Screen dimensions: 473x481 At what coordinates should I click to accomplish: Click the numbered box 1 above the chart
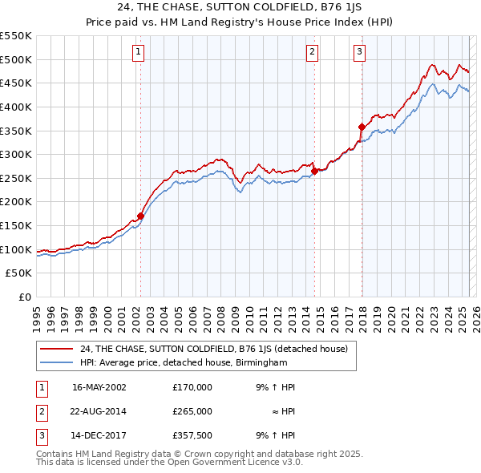[x=138, y=53]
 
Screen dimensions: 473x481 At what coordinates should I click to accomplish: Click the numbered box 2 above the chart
[x=312, y=53]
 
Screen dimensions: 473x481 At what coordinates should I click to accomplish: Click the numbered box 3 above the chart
[x=359, y=53]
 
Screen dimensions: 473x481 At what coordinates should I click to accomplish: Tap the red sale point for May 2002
[x=140, y=216]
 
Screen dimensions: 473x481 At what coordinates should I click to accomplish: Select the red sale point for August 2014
[x=314, y=171]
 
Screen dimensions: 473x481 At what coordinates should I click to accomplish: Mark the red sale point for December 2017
[x=362, y=127]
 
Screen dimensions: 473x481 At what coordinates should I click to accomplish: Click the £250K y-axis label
[x=16, y=178]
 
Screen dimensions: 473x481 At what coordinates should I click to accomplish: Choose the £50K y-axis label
[x=19, y=273]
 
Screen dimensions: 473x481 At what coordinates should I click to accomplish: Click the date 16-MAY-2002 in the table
[x=99, y=387]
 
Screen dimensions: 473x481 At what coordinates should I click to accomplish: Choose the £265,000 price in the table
[x=192, y=411]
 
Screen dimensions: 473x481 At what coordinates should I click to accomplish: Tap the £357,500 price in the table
[x=192, y=435]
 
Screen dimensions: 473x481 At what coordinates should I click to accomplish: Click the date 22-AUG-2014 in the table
[x=99, y=411]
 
